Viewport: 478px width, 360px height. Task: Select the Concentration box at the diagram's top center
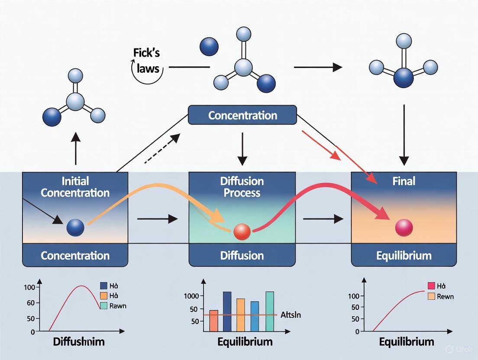pos(242,116)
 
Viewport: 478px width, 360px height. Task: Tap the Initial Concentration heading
pos(75,186)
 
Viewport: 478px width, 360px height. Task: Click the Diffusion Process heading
pos(242,186)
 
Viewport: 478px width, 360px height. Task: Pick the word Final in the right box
pos(404,181)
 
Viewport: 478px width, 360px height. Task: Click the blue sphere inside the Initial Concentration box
pos(75,227)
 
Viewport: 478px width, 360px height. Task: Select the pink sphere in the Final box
pos(404,227)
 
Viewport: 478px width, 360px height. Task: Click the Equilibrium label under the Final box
pos(404,255)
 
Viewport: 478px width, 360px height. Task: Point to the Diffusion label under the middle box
pos(242,255)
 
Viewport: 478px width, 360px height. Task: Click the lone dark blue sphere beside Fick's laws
pos(209,46)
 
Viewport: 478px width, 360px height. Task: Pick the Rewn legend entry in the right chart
pos(446,296)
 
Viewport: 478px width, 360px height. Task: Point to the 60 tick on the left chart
pos(30,303)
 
